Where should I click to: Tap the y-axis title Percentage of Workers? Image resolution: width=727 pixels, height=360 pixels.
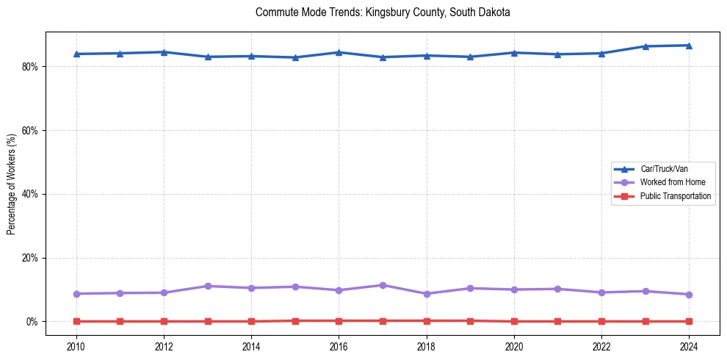pos(11,184)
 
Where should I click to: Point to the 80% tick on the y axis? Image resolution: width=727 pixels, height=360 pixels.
pos(30,66)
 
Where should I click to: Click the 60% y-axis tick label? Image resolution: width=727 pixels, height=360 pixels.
pos(30,130)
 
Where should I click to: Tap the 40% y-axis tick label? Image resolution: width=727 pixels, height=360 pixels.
pos(30,194)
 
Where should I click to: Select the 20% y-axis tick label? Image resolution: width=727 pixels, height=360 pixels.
pos(30,258)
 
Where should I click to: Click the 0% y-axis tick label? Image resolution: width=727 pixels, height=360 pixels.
pos(32,322)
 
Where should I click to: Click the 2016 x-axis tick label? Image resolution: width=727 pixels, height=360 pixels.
pos(339,345)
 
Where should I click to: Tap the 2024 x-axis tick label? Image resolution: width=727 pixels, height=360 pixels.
pos(689,345)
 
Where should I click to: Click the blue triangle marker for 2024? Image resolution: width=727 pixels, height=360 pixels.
pos(689,46)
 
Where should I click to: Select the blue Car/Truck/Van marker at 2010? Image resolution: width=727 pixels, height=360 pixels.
pos(76,54)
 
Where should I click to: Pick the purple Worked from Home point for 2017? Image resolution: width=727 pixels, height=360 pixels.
pos(383,285)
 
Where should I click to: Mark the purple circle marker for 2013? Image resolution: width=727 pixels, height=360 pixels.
pos(208,286)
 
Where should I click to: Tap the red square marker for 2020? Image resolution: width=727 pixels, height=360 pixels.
pos(514,321)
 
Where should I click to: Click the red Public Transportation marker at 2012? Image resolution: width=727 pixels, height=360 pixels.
pos(164,321)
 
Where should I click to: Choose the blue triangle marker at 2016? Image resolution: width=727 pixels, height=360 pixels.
pos(339,52)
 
